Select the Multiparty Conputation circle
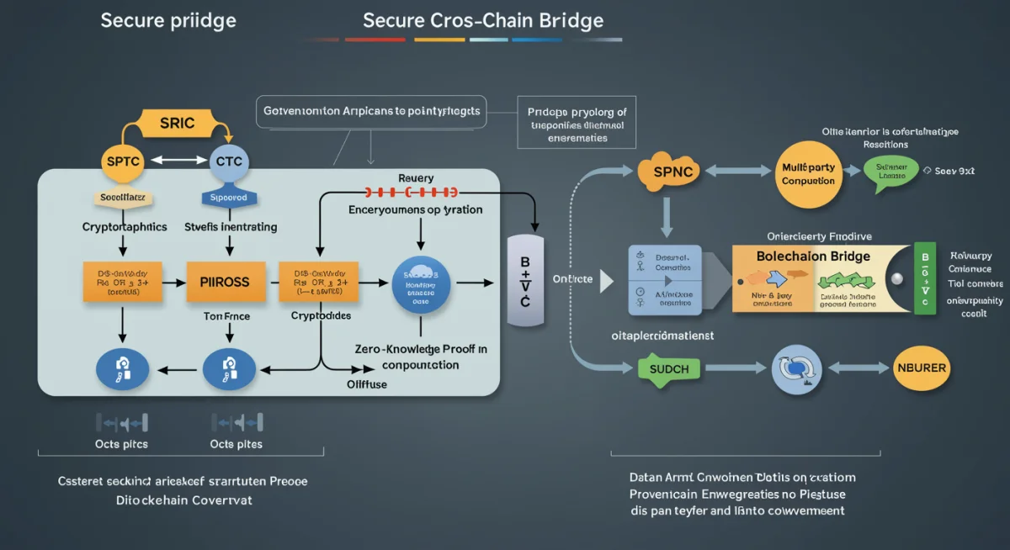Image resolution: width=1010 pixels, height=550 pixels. pos(807,174)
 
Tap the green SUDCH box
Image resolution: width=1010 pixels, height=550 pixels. pos(670,368)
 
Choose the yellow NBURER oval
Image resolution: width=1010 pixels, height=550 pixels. pos(921,368)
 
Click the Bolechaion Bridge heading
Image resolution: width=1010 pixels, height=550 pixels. pos(813,256)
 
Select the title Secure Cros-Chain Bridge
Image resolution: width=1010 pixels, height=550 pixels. pos(483,20)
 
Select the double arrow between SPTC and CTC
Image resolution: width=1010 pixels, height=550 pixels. pos(176,159)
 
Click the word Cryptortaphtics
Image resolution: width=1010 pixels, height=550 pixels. pos(125,227)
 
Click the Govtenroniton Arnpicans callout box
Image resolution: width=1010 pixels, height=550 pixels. pos(371,111)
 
